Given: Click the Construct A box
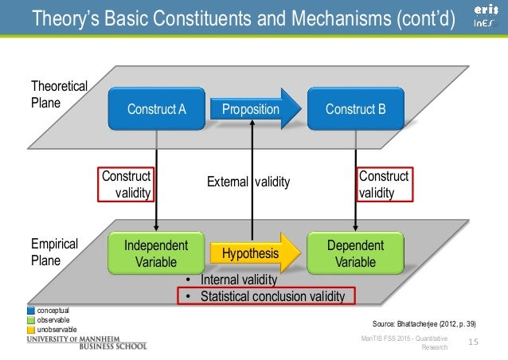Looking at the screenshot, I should [x=156, y=109].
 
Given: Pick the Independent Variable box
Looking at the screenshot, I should [x=156, y=253].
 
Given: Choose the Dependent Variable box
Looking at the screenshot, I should [x=355, y=253].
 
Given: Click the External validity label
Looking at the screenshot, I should [x=249, y=182].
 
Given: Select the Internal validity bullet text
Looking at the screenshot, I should [x=237, y=280].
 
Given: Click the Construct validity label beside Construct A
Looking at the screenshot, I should [x=127, y=184].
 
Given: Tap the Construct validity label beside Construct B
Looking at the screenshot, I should [x=383, y=184].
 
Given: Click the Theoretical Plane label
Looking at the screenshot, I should [x=58, y=94].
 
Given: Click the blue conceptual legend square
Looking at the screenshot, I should [x=32, y=309].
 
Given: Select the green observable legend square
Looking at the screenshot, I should [x=32, y=319].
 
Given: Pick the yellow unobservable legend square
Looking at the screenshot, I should [x=32, y=329].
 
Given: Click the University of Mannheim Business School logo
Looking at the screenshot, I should [x=87, y=342].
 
